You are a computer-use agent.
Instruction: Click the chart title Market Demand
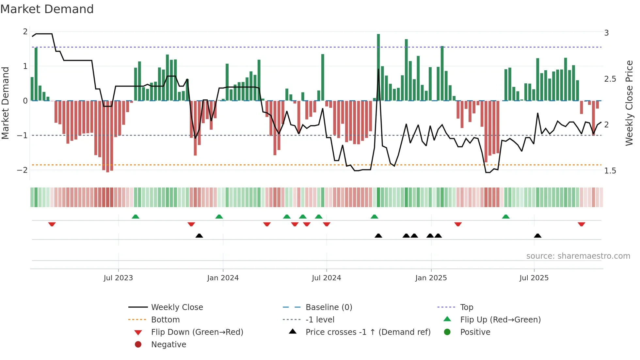click(47, 9)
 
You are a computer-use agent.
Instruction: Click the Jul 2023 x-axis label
click(118, 278)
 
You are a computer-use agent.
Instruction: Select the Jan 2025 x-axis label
click(431, 278)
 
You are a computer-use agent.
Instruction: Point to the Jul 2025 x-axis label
click(534, 278)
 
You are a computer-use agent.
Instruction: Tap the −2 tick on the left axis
click(22, 170)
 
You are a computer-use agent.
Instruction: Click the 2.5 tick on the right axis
click(610, 79)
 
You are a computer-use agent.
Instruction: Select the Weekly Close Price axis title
click(629, 103)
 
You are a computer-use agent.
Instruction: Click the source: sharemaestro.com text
click(578, 256)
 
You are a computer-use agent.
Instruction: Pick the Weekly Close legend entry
click(177, 307)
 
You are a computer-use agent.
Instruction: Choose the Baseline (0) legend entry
click(328, 307)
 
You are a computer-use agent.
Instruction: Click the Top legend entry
click(466, 307)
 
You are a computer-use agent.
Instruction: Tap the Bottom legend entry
click(165, 320)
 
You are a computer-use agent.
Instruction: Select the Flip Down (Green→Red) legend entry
click(197, 332)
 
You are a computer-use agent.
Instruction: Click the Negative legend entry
click(168, 345)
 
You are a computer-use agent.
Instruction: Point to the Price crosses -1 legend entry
click(368, 332)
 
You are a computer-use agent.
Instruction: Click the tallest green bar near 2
click(378, 67)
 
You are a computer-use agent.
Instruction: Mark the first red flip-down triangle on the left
click(52, 224)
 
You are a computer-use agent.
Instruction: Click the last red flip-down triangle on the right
click(581, 224)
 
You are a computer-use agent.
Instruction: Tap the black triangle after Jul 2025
click(537, 236)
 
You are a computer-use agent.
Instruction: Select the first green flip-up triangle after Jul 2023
click(136, 217)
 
